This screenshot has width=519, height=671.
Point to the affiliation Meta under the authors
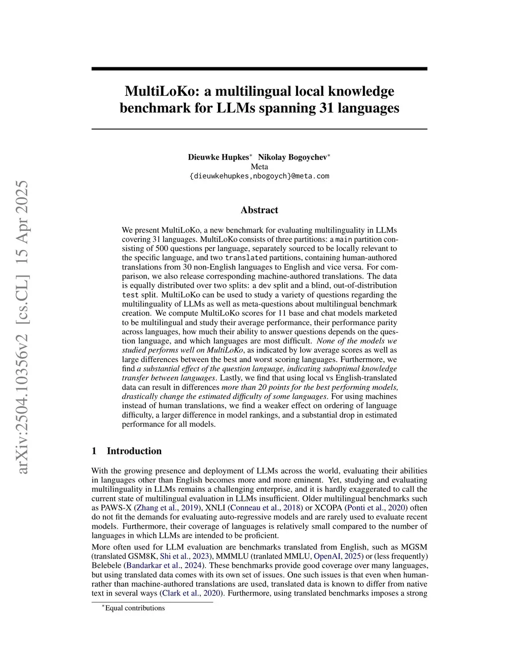259,167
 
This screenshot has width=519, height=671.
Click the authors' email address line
259,176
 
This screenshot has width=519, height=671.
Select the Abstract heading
259,210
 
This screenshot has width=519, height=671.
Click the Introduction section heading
134,451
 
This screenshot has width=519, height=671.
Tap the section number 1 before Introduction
94,451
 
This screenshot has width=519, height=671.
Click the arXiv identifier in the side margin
23,327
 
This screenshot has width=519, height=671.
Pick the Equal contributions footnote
134,608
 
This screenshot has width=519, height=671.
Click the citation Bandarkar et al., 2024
165,565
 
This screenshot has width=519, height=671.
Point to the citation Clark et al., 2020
193,593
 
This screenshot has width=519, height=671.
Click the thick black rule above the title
259,68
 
